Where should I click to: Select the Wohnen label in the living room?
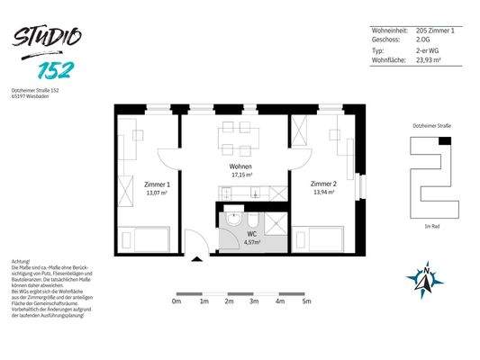(240, 166)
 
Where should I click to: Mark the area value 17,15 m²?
(240, 175)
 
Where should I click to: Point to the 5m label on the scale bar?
(306, 301)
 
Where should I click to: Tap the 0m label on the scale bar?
(177, 301)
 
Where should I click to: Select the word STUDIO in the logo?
(48, 38)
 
